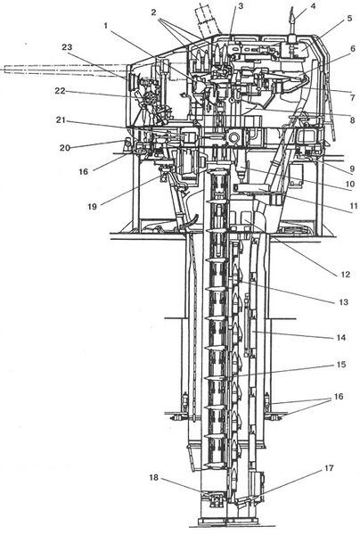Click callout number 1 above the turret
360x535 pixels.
point(106,26)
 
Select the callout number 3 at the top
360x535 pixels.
point(241,6)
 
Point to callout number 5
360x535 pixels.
point(349,18)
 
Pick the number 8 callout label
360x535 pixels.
point(352,119)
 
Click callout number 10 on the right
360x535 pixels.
point(350,184)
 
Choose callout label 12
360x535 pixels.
point(346,275)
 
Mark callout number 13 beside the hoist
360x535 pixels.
point(343,302)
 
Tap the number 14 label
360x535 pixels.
point(341,337)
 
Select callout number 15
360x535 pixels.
point(341,365)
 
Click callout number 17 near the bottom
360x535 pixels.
point(329,468)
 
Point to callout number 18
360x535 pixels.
point(154,477)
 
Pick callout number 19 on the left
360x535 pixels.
point(92,206)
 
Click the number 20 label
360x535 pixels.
point(65,147)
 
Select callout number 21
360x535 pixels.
point(61,119)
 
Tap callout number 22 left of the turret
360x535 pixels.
point(60,91)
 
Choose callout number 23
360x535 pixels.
point(67,46)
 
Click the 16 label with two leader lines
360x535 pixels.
point(339,397)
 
